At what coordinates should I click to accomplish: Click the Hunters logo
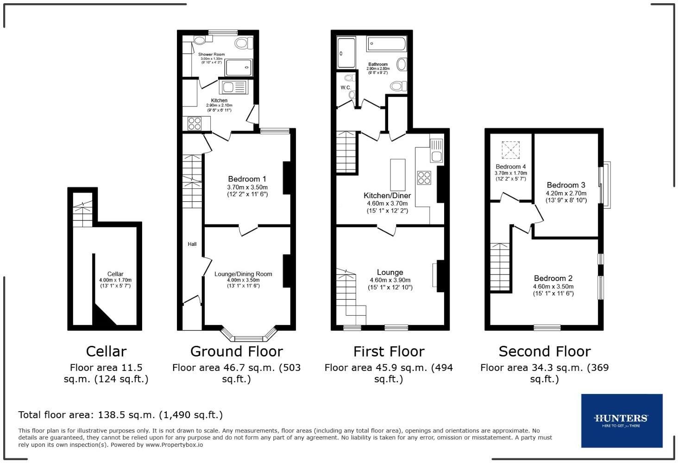621,420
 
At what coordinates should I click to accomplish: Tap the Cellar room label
115,274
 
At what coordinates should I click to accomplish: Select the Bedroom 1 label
247,179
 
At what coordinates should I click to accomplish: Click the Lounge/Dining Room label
243,274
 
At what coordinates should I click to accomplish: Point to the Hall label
192,244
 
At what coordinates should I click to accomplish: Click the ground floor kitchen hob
195,124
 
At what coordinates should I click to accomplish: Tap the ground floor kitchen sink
235,87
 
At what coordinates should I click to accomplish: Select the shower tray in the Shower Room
239,68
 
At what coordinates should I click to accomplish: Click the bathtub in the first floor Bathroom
386,44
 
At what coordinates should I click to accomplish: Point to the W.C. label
345,88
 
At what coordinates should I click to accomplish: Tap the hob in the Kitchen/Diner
424,178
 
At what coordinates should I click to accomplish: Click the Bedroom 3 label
565,185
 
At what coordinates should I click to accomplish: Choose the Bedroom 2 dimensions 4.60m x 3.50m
553,287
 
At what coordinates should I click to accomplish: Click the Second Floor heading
544,351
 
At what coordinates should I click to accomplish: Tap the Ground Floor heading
236,351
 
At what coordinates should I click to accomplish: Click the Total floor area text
120,415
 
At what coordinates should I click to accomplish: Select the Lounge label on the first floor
389,272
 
